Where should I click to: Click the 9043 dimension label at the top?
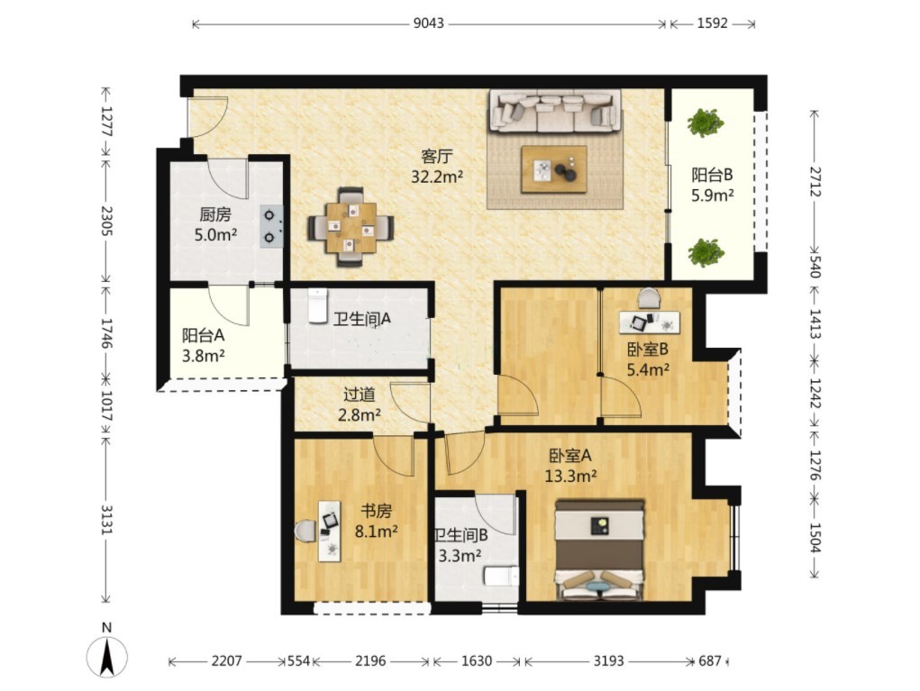(428, 23)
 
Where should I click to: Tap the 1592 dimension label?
(712, 23)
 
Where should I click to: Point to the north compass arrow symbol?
(107, 656)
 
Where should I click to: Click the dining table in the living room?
(351, 227)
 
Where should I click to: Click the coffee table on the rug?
(554, 169)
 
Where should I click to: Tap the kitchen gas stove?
(271, 226)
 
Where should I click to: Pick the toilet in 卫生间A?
(317, 305)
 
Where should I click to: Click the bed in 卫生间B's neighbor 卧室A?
(599, 550)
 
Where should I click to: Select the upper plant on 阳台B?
(706, 123)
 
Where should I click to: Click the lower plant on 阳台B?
(706, 252)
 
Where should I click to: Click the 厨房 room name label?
(215, 214)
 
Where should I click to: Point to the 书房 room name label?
(376, 512)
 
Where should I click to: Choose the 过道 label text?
(360, 395)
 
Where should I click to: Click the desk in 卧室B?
(650, 323)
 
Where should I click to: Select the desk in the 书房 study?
(330, 531)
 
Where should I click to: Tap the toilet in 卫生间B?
(501, 576)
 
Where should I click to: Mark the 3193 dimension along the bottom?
(608, 661)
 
